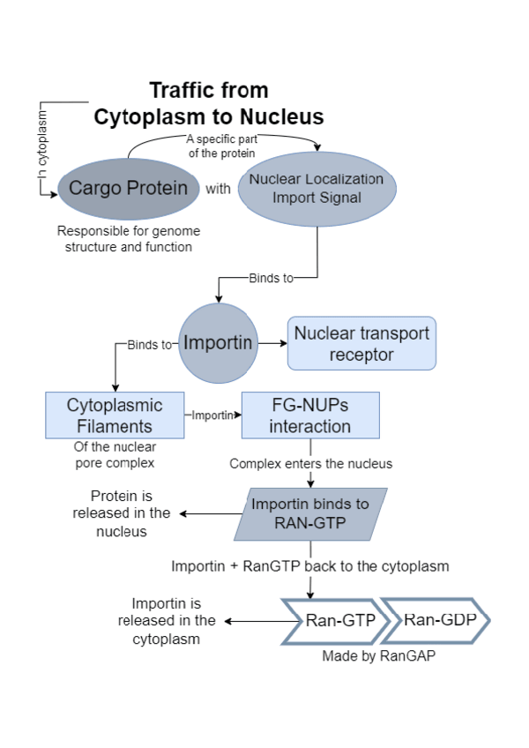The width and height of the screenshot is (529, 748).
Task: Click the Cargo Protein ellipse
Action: tap(128, 188)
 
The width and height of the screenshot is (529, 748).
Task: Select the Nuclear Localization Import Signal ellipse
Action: tap(316, 188)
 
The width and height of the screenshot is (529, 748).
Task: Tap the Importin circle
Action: tap(218, 343)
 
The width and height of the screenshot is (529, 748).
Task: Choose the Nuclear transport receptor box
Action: tap(361, 343)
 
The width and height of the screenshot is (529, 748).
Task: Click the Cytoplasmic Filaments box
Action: tap(115, 415)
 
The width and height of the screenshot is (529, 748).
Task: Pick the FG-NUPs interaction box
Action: tap(310, 415)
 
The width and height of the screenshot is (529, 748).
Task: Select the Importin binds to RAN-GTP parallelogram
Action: tap(310, 513)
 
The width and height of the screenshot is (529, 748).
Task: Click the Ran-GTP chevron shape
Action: tap(340, 620)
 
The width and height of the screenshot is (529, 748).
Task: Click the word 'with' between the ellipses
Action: tap(218, 188)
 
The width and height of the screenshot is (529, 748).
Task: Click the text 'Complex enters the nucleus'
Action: tap(310, 463)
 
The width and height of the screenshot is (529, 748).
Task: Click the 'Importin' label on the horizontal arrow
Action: tap(212, 415)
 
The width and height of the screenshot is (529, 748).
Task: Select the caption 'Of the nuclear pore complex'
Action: tap(115, 454)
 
